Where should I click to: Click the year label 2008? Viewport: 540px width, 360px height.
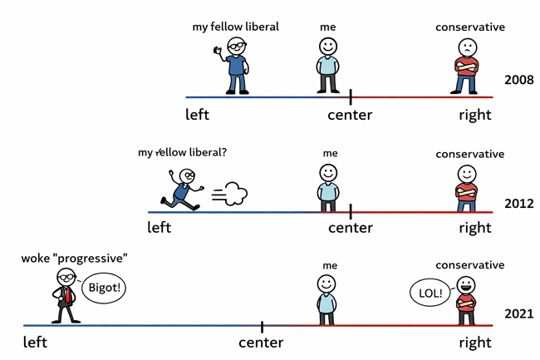click(x=518, y=81)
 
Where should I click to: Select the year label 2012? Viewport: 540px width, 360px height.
click(x=518, y=202)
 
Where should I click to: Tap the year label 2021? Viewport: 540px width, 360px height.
click(x=518, y=313)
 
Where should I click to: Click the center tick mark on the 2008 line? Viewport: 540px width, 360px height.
click(x=351, y=96)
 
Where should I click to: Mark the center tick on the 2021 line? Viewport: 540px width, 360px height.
click(x=263, y=326)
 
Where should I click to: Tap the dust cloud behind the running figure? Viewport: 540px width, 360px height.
click(x=233, y=195)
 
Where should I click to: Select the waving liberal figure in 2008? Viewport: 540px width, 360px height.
click(x=235, y=65)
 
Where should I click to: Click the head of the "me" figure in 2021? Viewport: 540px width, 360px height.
click(x=327, y=284)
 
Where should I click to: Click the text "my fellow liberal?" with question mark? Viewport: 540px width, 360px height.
click(x=182, y=152)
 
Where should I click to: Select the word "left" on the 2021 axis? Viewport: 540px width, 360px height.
click(x=35, y=342)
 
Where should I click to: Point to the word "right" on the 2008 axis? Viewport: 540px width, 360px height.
click(x=474, y=115)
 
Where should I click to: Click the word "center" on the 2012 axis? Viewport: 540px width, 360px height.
click(x=351, y=228)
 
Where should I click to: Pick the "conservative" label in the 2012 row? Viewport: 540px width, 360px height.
click(x=469, y=154)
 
